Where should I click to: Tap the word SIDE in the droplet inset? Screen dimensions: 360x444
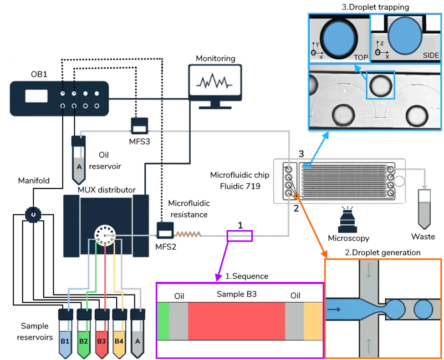tap(430, 55)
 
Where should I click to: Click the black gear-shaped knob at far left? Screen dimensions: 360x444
tap(32, 213)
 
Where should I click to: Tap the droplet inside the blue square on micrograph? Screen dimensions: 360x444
tap(379, 85)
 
